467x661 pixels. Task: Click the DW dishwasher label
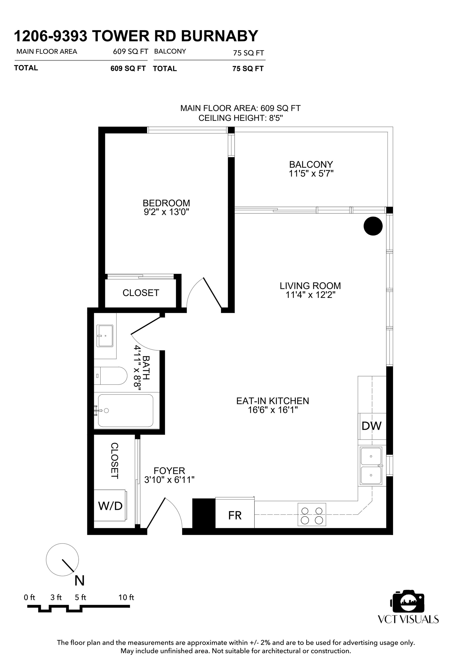371,426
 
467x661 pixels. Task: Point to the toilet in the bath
110,376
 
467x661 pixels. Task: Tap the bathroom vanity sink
105,336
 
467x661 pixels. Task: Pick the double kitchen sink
371,466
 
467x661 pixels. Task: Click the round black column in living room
373,226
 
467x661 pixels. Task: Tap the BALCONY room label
311,164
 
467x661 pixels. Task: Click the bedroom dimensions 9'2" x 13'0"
166,212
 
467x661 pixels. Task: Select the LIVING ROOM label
310,286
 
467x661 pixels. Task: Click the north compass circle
63,560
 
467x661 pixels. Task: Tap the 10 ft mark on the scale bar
127,597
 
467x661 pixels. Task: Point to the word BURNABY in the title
219,36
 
